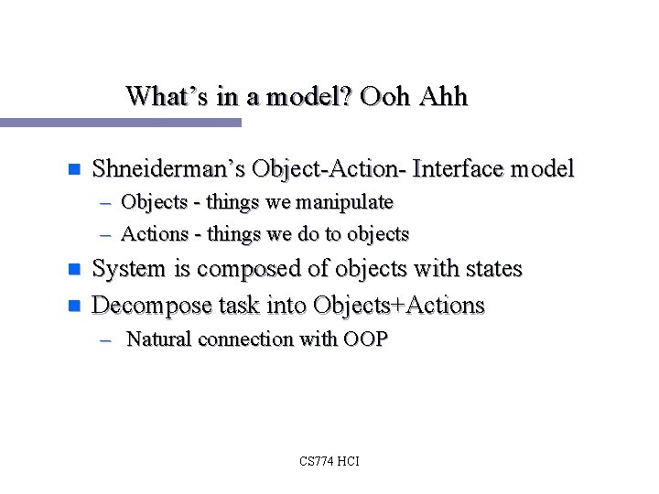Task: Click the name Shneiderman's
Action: [169, 169]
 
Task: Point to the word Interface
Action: [459, 169]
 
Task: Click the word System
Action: [129, 269]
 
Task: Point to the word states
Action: [492, 269]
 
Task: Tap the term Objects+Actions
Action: [398, 305]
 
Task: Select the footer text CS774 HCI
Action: [329, 461]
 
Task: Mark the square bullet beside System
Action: [75, 270]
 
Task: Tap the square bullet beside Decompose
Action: [75, 306]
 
